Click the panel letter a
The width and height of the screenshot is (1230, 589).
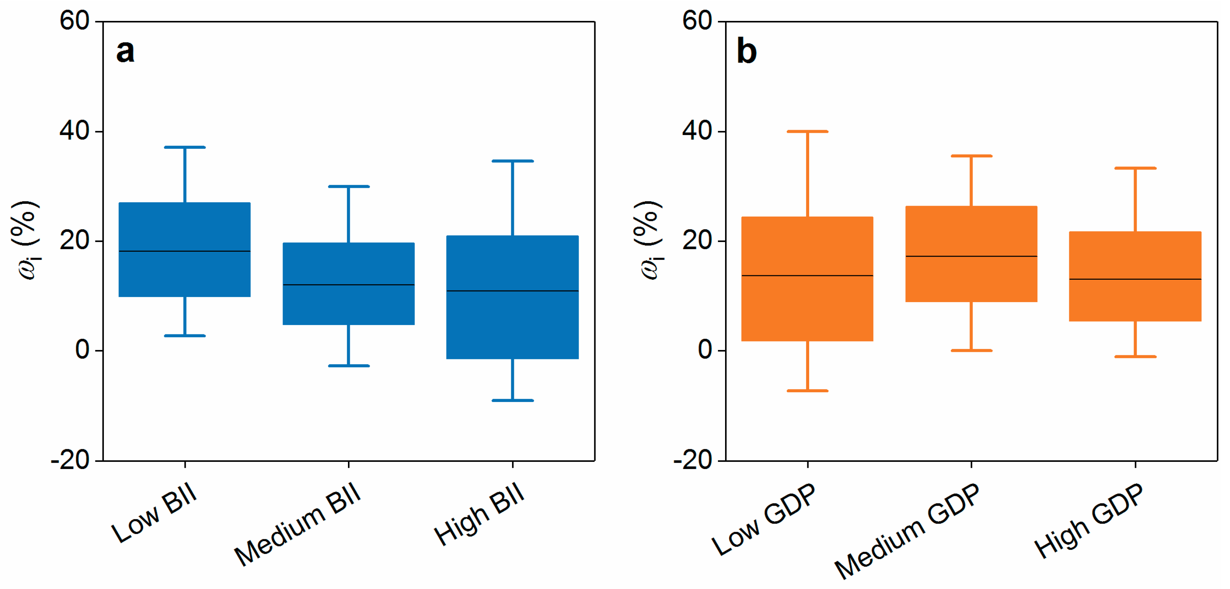(125, 52)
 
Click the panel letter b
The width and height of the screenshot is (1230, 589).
(746, 51)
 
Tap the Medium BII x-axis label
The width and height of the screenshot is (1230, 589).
(297, 524)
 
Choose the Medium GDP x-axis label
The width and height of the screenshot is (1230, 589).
(906, 530)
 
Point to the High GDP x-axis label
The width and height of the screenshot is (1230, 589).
(1089, 520)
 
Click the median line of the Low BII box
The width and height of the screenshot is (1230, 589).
(185, 251)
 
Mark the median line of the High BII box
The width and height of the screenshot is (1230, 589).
(512, 291)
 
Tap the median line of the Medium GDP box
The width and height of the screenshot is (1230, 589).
(971, 257)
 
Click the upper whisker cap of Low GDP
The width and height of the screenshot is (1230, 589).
(807, 131)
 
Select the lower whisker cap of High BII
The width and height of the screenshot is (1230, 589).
(512, 400)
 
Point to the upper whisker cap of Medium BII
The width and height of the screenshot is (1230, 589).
(349, 186)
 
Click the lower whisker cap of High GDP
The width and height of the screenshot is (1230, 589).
(1135, 356)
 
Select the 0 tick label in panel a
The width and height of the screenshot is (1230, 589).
(82, 350)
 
